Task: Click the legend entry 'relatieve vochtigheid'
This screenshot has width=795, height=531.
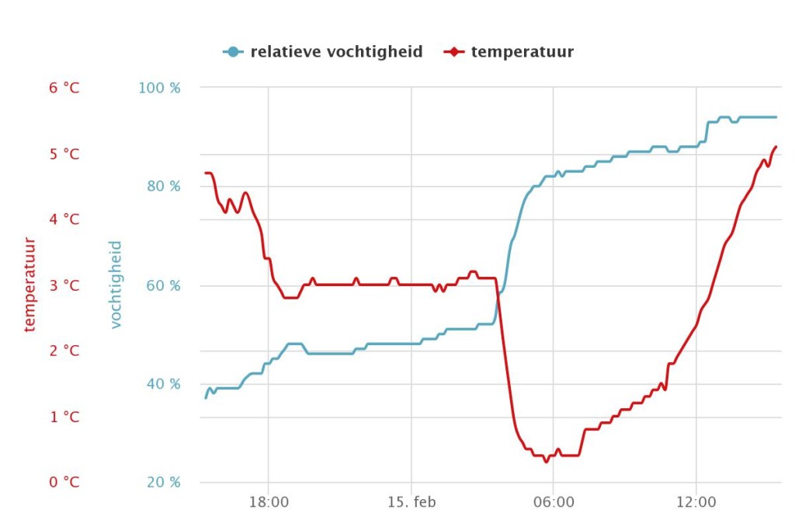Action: click(x=337, y=52)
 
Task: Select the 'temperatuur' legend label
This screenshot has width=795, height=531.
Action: click(x=522, y=52)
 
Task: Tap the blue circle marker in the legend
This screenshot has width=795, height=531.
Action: click(x=233, y=52)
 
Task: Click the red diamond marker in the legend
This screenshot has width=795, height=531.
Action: click(x=453, y=52)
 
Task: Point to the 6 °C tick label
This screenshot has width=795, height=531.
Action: click(x=64, y=88)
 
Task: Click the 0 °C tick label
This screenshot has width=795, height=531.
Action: click(x=64, y=482)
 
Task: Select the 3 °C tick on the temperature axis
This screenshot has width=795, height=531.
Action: click(x=64, y=285)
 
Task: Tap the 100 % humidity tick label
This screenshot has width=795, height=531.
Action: click(x=159, y=88)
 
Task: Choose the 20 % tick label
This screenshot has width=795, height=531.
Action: click(x=163, y=482)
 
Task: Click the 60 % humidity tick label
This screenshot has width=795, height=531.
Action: click(x=163, y=285)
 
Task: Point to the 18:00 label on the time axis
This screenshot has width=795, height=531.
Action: click(x=269, y=502)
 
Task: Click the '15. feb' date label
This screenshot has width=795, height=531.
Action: click(x=411, y=502)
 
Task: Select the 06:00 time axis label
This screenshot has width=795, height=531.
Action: click(x=554, y=502)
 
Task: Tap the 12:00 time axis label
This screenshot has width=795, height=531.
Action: click(x=696, y=502)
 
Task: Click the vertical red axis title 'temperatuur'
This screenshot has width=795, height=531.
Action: click(x=30, y=285)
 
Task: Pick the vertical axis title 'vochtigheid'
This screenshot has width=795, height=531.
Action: click(x=116, y=285)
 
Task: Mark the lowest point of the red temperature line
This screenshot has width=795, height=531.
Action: click(x=546, y=462)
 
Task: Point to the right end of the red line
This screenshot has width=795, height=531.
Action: click(x=776, y=147)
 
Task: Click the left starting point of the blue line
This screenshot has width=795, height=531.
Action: click(x=205, y=398)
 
